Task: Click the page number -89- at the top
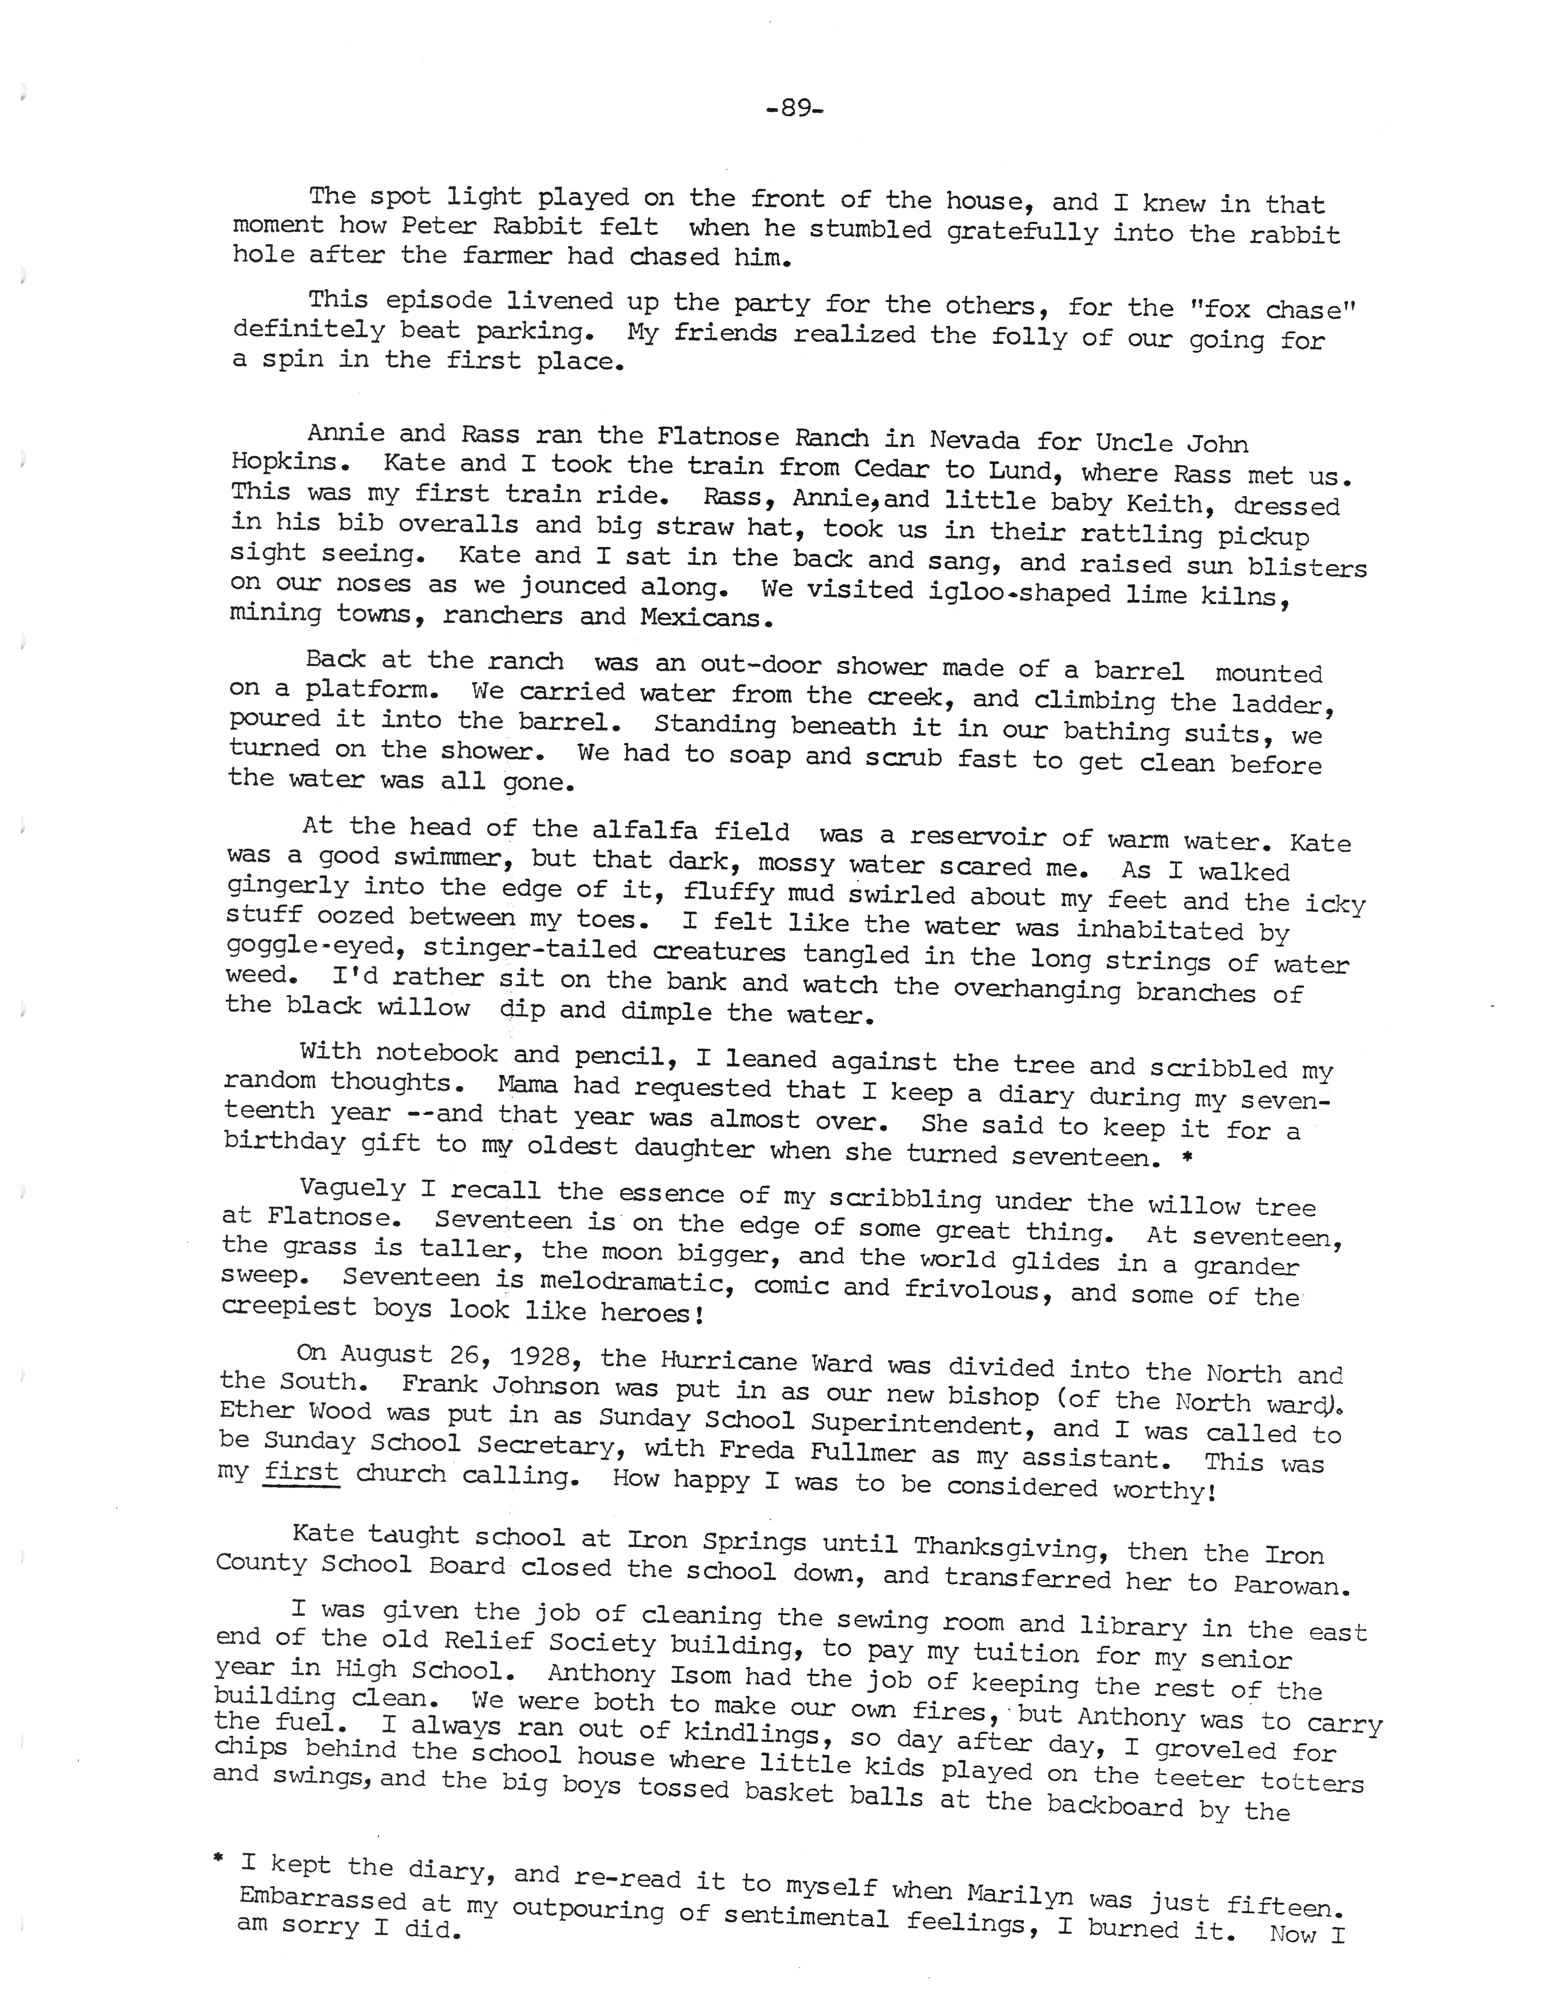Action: point(793,109)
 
